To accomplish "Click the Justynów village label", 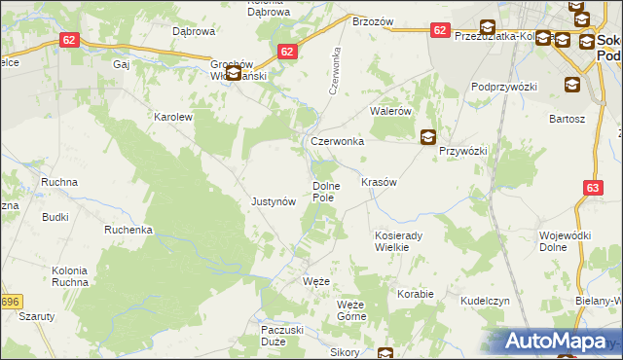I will pyautogui.click(x=273, y=202).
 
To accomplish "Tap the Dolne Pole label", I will pyautogui.click(x=323, y=192).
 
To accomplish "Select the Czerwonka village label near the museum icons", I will pyautogui.click(x=337, y=141).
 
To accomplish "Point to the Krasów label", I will pyautogui.click(x=380, y=182).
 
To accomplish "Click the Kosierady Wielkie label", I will pyautogui.click(x=399, y=241).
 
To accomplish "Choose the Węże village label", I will pyautogui.click(x=316, y=281).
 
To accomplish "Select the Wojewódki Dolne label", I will pyautogui.click(x=566, y=241).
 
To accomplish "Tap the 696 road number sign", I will pyautogui.click(x=10, y=302).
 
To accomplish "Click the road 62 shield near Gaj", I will pyautogui.click(x=68, y=40).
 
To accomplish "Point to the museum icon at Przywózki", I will pyautogui.click(x=428, y=138).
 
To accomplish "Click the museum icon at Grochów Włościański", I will pyautogui.click(x=234, y=73).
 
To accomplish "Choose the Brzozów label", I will pyautogui.click(x=372, y=20).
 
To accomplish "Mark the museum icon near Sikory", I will pyautogui.click(x=386, y=353).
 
